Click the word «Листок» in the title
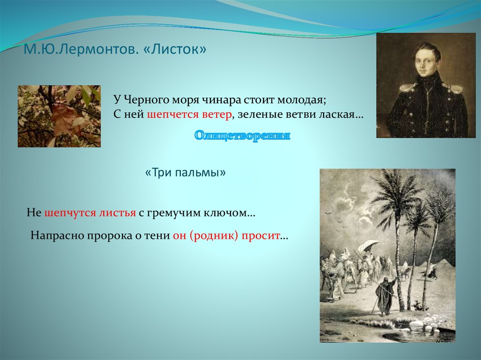(x=175, y=49)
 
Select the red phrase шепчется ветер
(x=189, y=115)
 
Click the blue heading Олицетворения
(x=242, y=135)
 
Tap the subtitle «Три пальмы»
(x=185, y=173)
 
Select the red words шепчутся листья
(x=90, y=213)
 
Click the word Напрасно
(x=57, y=236)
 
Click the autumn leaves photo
(x=59, y=116)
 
